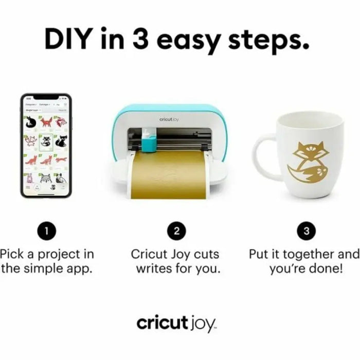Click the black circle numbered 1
(x=46, y=231)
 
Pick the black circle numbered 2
(x=176, y=231)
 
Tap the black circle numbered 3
(x=307, y=231)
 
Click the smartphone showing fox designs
(x=46, y=146)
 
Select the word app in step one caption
(x=78, y=269)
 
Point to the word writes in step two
(x=155, y=269)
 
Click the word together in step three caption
(x=307, y=254)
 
